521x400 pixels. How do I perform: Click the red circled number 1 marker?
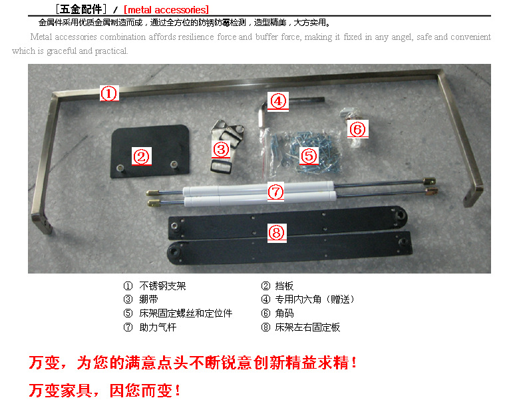[x=109, y=93]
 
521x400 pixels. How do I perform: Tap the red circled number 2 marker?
[x=142, y=156]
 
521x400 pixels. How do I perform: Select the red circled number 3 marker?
[x=221, y=150]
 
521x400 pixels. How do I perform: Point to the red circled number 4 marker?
[x=278, y=101]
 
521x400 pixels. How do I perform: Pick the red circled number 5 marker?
[x=309, y=156]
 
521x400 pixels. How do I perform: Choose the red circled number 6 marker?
[x=358, y=129]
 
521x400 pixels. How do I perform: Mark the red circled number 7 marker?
[x=275, y=192]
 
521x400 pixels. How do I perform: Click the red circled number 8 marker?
[x=277, y=233]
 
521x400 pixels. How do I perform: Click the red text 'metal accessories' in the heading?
[x=166, y=9]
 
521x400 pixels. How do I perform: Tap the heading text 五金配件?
[x=81, y=9]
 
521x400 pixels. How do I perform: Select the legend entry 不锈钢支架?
[x=162, y=286]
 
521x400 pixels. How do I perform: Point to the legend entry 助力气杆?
[x=158, y=327]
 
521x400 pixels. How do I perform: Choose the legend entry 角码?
[x=284, y=313]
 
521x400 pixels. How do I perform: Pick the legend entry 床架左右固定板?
[x=307, y=327]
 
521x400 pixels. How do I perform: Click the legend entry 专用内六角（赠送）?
[x=314, y=300]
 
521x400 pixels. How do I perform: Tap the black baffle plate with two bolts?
[x=150, y=151]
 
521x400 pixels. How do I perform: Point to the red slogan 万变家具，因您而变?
[x=104, y=390]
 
